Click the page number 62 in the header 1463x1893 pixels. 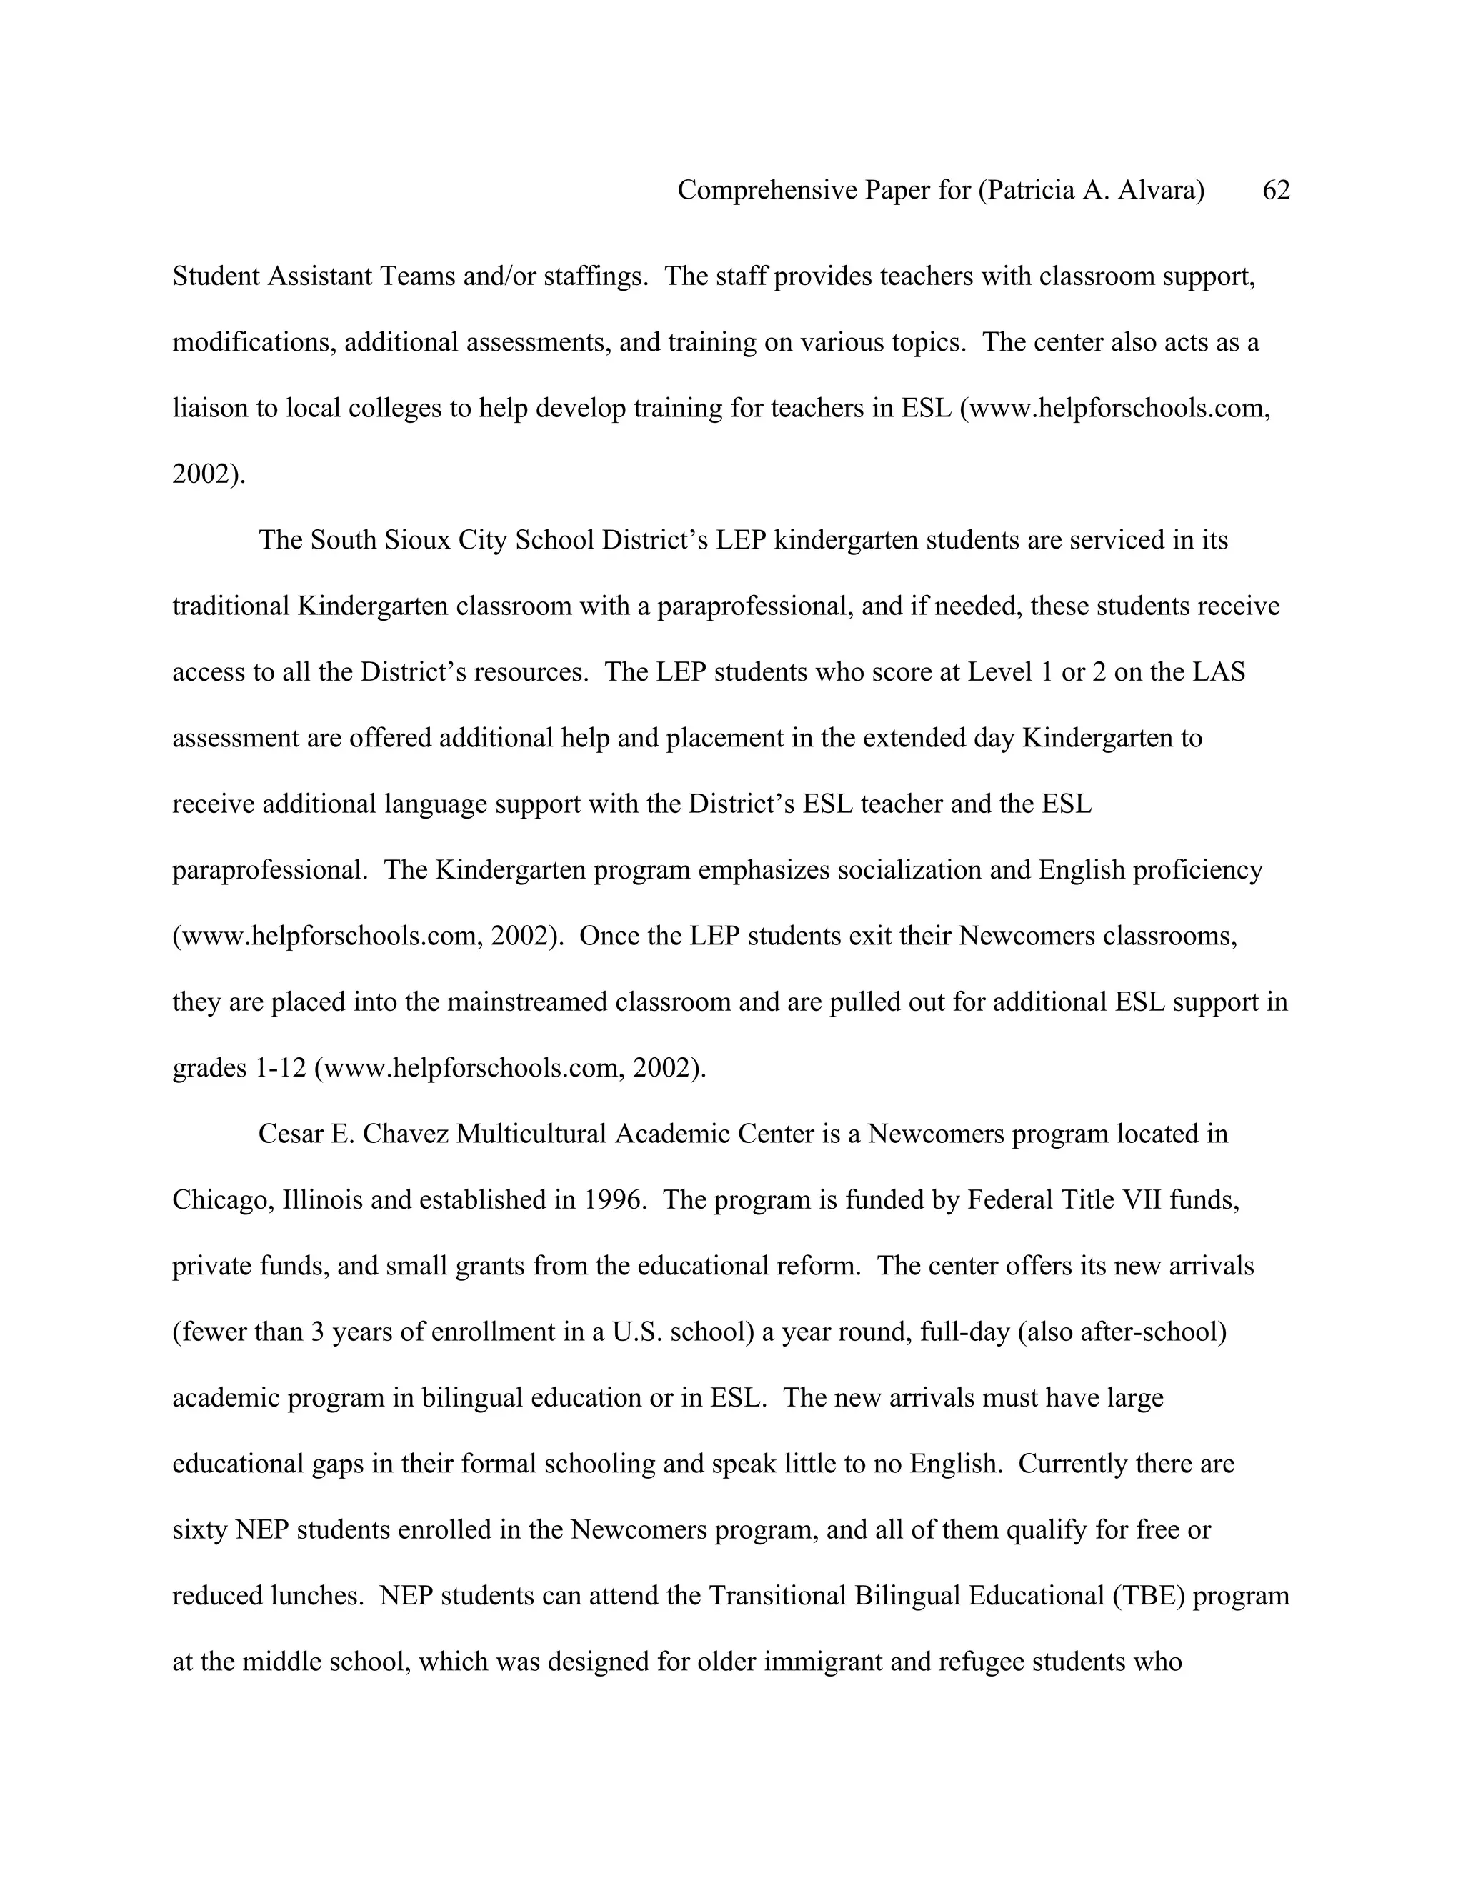pos(1276,190)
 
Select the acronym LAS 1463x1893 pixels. pos(1219,671)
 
